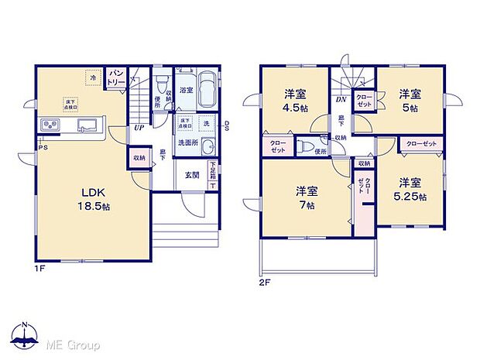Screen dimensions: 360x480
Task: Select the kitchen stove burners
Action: click(50, 125)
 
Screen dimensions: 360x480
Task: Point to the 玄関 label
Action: click(192, 175)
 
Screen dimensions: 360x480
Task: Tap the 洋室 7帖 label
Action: click(307, 197)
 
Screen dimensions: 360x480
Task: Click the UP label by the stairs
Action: click(139, 128)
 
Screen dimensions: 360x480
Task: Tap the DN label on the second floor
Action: click(340, 100)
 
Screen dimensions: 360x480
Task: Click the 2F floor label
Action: click(264, 283)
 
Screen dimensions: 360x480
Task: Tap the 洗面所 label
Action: click(188, 143)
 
